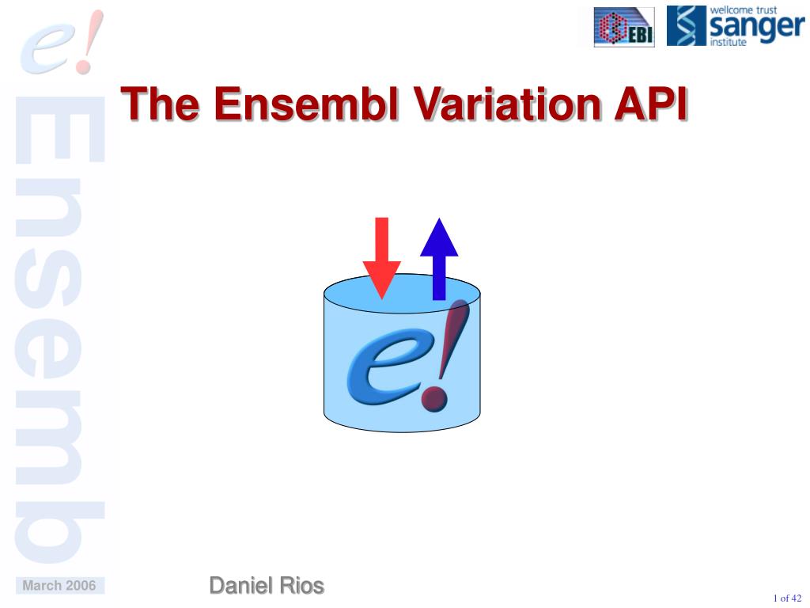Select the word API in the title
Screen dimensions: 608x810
click(x=648, y=104)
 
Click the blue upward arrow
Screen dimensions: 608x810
click(x=439, y=257)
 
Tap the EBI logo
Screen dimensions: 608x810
click(x=624, y=28)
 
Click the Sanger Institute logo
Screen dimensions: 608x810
click(x=735, y=26)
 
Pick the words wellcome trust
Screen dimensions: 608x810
click(x=744, y=10)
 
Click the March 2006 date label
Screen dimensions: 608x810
click(x=59, y=586)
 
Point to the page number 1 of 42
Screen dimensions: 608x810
click(x=787, y=598)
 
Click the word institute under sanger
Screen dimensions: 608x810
click(x=728, y=43)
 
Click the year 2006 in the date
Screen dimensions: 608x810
click(x=81, y=586)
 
